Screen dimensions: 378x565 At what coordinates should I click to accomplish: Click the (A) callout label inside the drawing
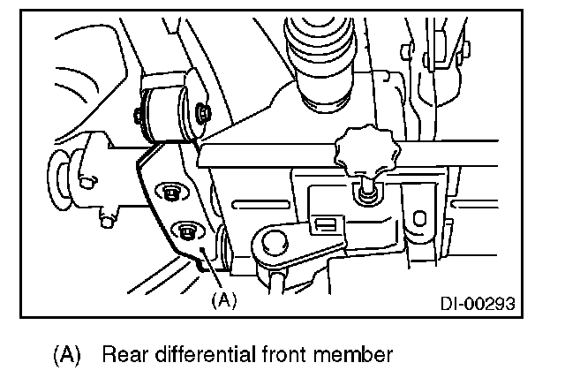tap(224, 299)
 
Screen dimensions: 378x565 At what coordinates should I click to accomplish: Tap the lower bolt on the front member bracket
tap(186, 231)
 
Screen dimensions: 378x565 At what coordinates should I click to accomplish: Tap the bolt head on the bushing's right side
tap(205, 112)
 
